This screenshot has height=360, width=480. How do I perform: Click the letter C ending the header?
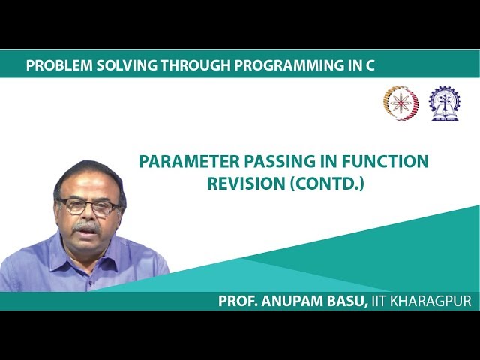coord(369,65)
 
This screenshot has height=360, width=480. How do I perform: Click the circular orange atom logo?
coord(400,103)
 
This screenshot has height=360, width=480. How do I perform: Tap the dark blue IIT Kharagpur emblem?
coord(444,103)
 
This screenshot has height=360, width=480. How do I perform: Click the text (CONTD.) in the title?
coord(326,183)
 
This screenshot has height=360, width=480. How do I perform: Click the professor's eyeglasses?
coord(89,205)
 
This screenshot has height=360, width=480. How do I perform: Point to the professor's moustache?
coord(87,225)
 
